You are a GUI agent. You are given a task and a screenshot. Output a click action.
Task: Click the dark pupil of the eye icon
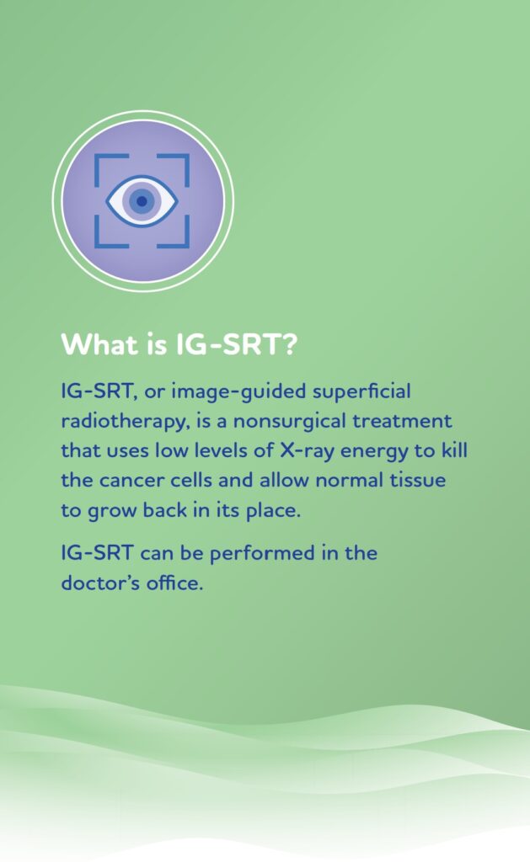tap(142, 201)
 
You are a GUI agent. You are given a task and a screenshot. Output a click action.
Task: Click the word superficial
tap(361, 392)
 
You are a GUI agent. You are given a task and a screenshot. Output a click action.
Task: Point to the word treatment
tap(402, 421)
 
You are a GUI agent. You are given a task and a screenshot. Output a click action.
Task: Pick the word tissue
tap(418, 480)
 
